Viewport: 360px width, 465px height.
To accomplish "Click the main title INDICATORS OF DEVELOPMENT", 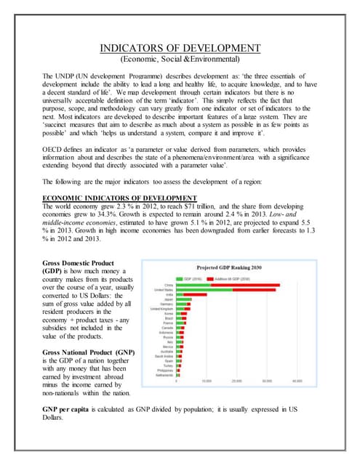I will pos(180,49).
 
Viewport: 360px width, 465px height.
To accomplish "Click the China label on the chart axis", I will pos(169,284).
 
